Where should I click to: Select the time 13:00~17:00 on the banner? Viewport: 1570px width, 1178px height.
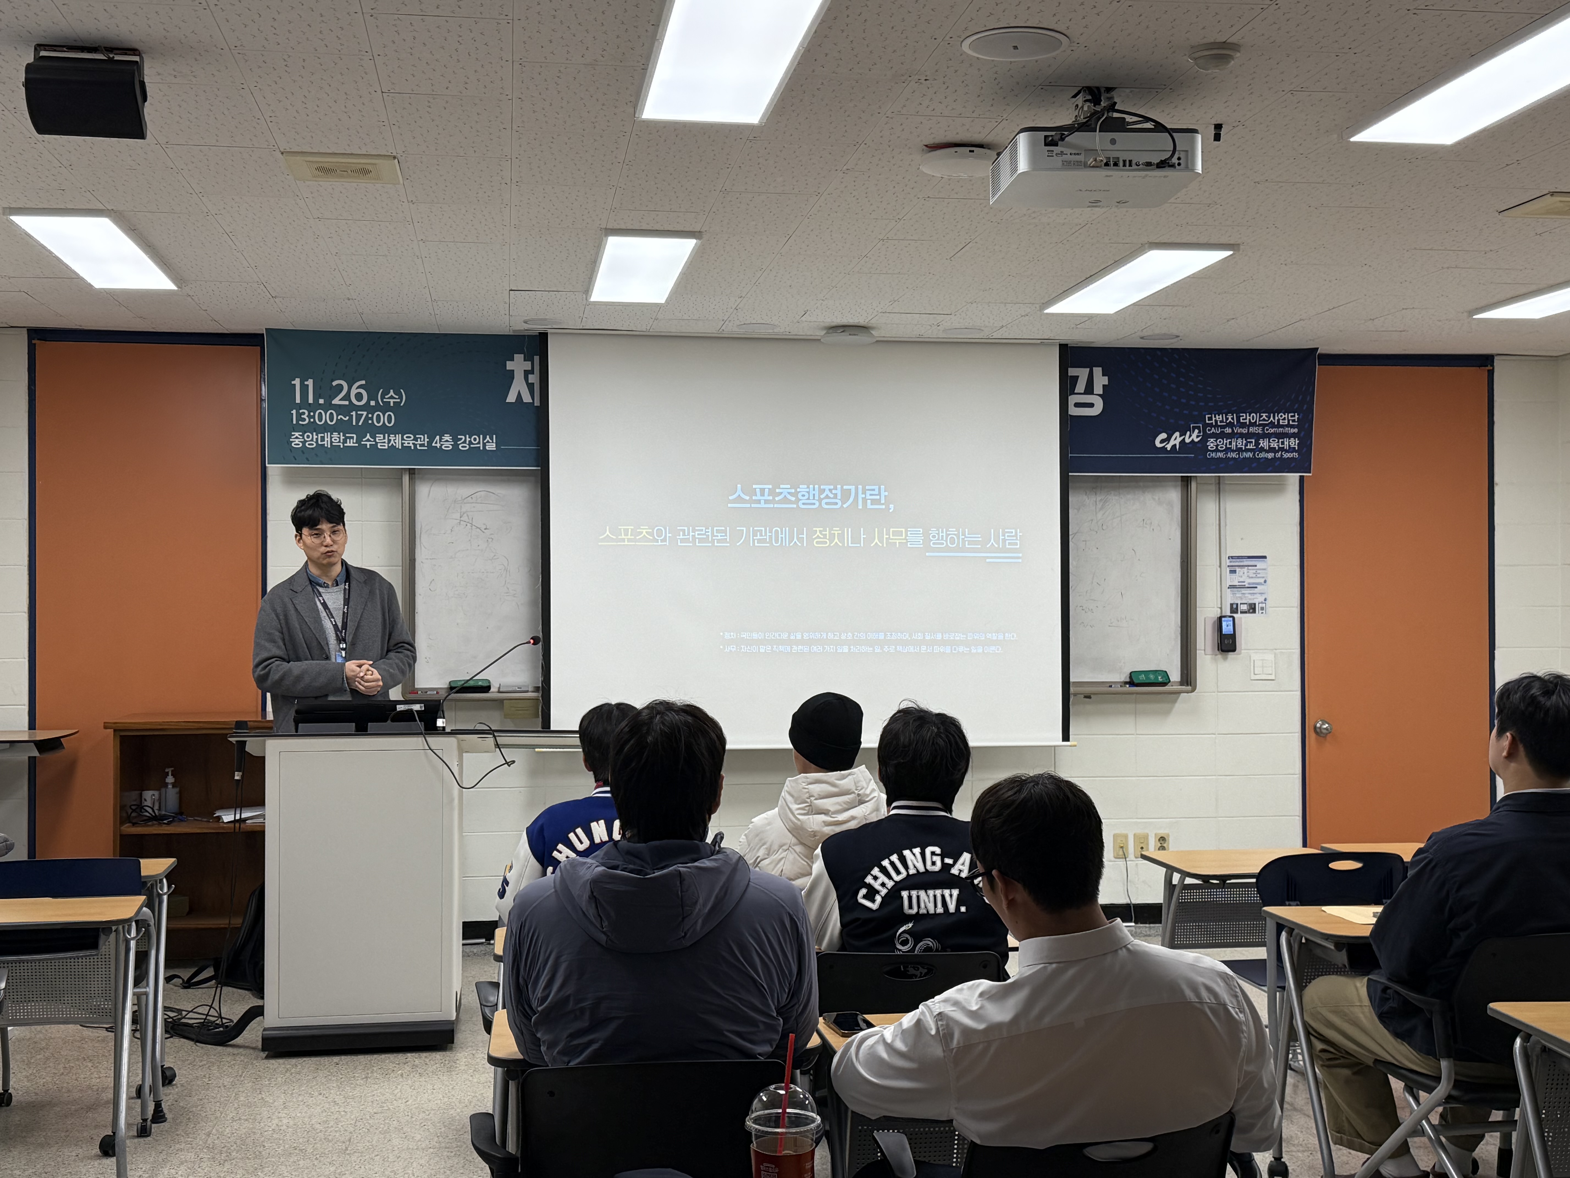point(342,418)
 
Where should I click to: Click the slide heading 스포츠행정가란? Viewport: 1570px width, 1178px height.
point(810,496)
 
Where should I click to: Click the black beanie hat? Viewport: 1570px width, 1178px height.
point(825,731)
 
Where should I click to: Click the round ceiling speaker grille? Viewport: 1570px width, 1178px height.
point(1015,43)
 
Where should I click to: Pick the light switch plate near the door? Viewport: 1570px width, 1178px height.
point(1263,665)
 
